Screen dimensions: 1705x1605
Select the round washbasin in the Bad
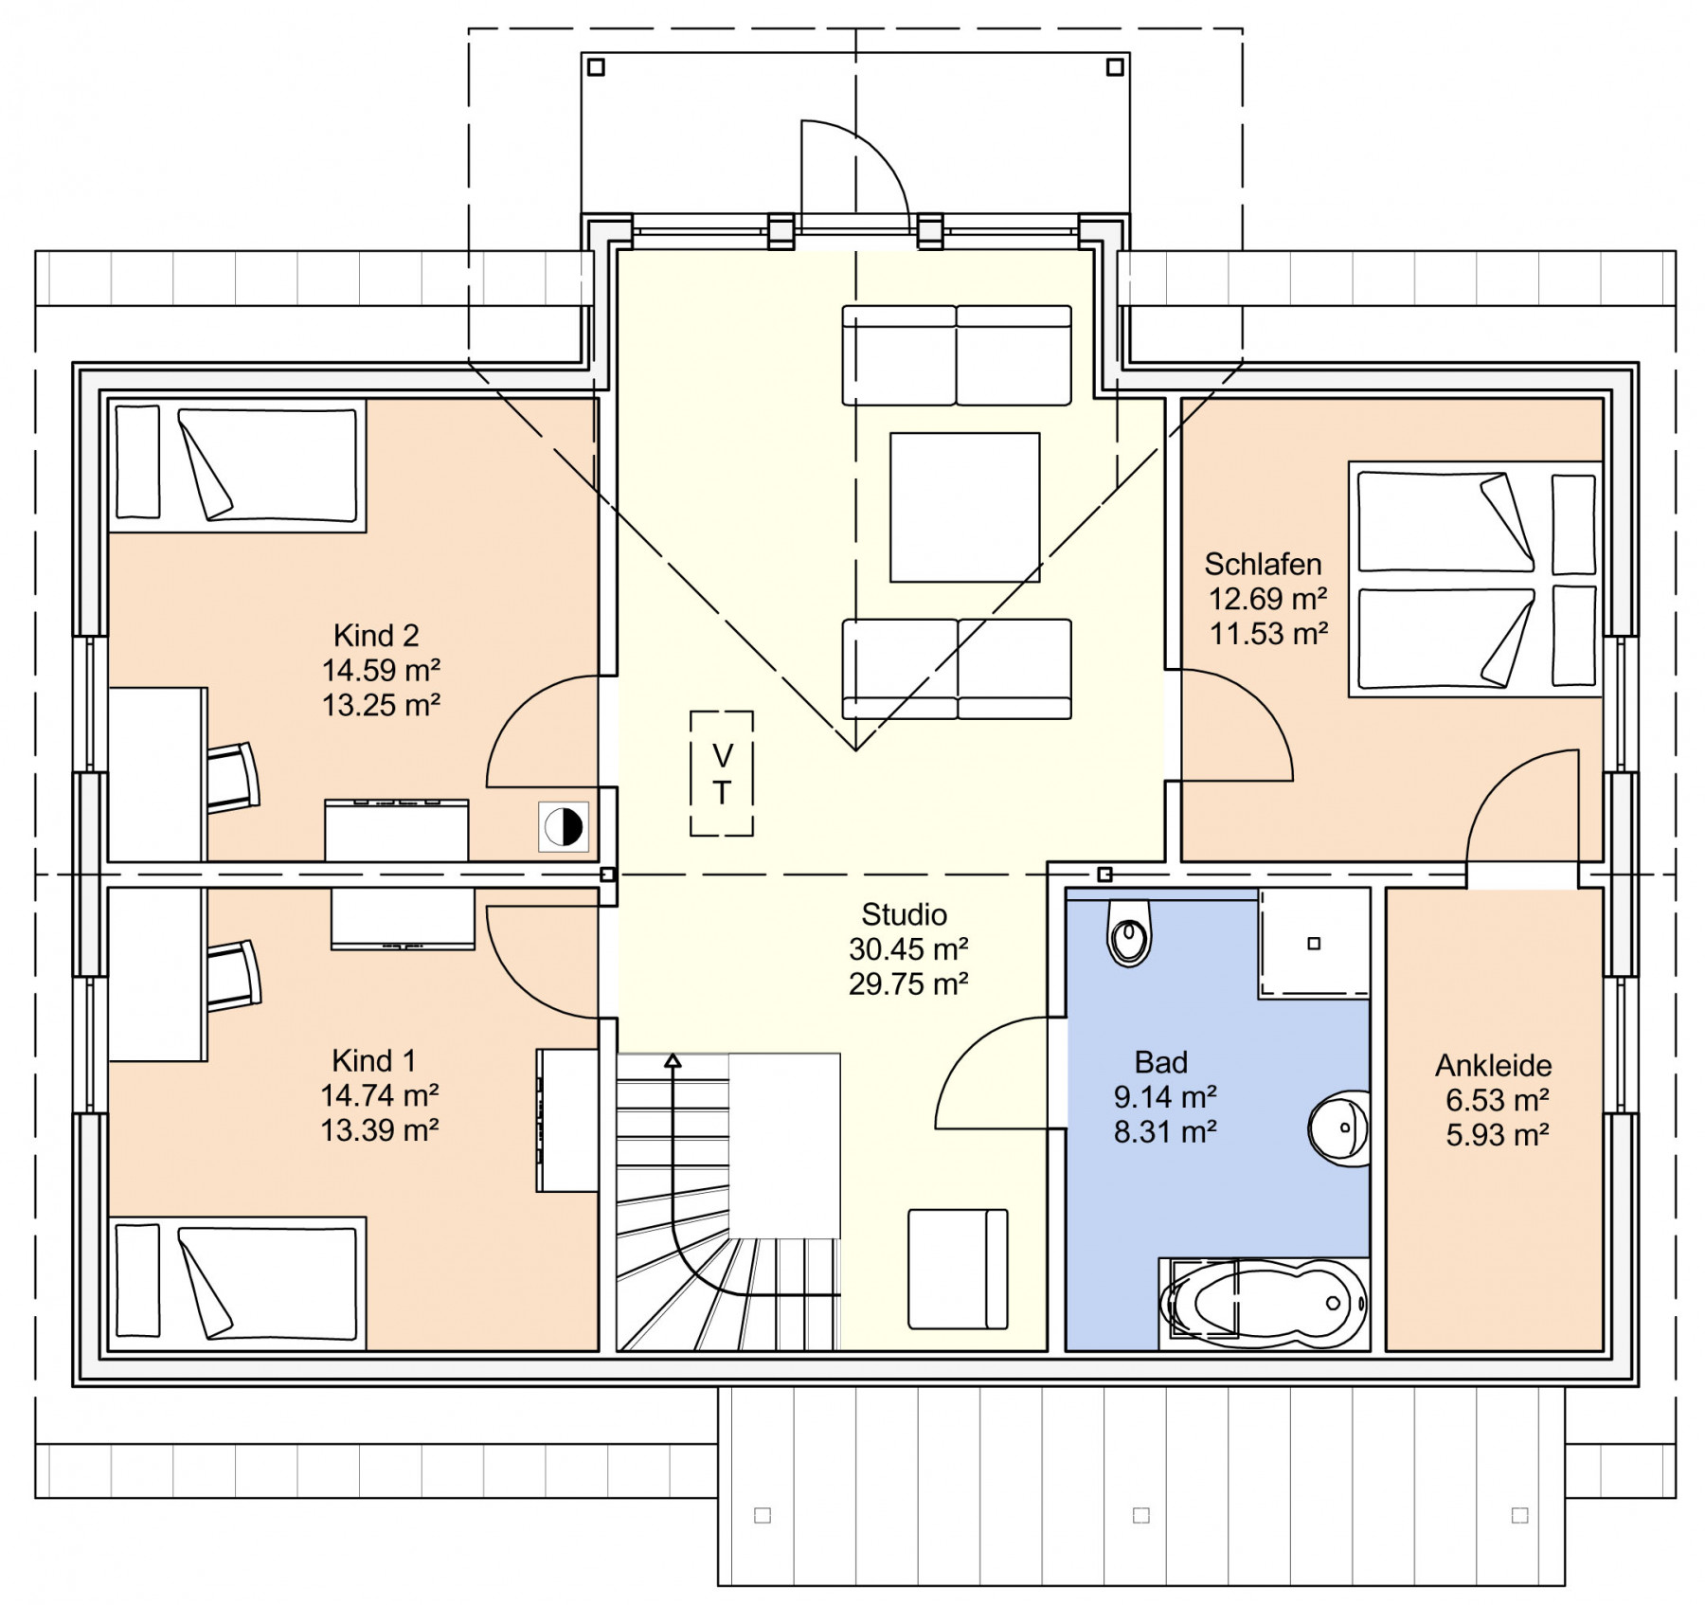[1339, 1127]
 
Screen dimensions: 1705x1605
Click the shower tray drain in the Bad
[1314, 944]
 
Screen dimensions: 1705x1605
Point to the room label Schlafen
[1263, 564]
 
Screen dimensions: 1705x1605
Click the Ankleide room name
[1494, 1065]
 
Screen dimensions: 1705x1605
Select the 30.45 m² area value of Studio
[908, 948]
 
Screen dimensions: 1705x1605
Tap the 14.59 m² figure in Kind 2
[381, 670]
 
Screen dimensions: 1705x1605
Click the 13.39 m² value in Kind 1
[379, 1129]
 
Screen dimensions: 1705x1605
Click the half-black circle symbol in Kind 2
[564, 826]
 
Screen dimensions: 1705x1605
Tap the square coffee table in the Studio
[964, 507]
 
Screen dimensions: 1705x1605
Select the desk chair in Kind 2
[232, 777]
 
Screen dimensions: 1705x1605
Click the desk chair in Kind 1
[233, 975]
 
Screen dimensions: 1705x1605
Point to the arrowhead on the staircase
[673, 1060]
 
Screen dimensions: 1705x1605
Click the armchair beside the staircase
[958, 1269]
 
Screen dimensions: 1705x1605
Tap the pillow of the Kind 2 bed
[137, 462]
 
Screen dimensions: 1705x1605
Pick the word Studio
[904, 914]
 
